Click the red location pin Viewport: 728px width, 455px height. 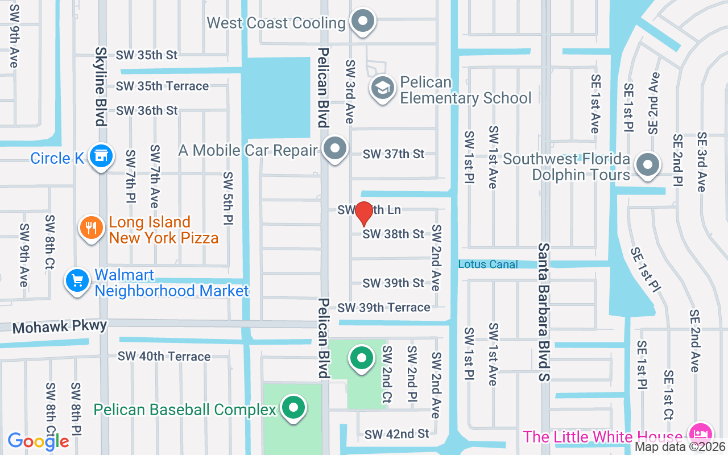[363, 213]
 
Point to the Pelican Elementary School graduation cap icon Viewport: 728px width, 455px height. [383, 88]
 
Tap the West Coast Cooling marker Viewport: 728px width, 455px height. [362, 22]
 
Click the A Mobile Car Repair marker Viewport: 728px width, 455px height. [335, 148]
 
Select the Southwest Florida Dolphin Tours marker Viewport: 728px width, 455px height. [647, 166]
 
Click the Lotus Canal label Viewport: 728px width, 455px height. [488, 264]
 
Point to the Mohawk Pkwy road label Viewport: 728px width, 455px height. [60, 327]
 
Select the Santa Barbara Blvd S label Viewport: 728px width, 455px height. [544, 312]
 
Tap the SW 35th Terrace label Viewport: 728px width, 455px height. [162, 86]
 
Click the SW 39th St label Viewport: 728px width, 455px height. [394, 283]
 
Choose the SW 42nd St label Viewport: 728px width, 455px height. [397, 434]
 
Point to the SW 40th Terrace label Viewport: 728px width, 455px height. [164, 357]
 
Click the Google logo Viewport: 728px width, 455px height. [38, 441]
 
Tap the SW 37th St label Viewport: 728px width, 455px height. [394, 154]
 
